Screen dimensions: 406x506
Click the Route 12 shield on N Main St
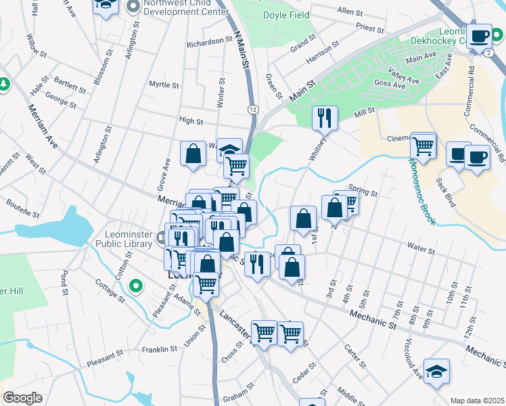252,108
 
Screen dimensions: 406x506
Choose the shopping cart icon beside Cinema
423,144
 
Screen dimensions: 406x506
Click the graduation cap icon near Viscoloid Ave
437,371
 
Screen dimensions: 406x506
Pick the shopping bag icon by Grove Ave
193,152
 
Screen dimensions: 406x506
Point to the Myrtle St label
164,85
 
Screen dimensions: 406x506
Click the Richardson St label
210,41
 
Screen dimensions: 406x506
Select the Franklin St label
159,350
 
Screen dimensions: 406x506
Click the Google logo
22,398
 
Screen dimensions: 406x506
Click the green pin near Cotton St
135,286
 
